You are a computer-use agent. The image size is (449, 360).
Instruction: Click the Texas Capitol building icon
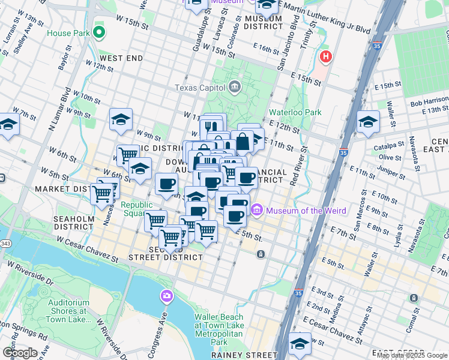(235, 88)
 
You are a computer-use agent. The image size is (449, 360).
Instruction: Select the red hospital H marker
(325, 58)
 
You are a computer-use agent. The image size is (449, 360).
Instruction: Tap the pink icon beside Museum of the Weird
(258, 210)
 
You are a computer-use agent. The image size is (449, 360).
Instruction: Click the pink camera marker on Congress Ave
(166, 296)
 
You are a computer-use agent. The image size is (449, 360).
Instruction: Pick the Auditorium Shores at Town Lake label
(59, 307)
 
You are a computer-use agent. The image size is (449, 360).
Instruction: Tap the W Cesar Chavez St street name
(88, 248)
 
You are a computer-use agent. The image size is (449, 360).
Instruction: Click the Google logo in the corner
(20, 352)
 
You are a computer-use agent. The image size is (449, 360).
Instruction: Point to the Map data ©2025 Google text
(412, 355)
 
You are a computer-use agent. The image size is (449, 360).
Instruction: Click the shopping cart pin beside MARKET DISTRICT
(102, 193)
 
